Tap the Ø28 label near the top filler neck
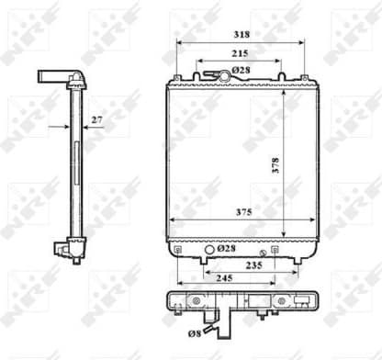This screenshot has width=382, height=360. tap(242, 71)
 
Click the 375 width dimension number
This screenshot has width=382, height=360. tap(242, 213)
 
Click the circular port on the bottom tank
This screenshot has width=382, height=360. tap(208, 249)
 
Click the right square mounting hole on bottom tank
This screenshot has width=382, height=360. tap(301, 250)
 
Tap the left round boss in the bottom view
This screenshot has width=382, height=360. tap(194, 301)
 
